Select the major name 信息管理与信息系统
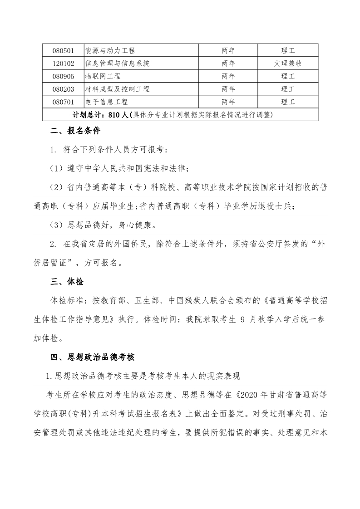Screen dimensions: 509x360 coord(117,63)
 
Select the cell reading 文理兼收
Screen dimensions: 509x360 coord(288,63)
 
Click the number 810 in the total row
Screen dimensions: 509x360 coord(114,114)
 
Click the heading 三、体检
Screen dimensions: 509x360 coord(67,282)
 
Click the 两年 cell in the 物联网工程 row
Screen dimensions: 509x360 coord(228,76)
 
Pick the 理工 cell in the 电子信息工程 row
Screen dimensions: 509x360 coord(288,102)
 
